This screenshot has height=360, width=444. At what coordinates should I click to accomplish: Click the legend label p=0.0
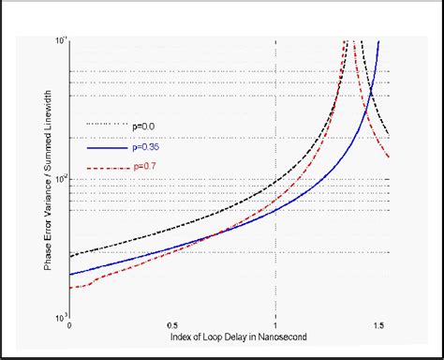tap(143, 123)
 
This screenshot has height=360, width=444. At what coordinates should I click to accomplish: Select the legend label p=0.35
tap(146, 146)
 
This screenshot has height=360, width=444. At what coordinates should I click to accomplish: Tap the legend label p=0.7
tap(143, 170)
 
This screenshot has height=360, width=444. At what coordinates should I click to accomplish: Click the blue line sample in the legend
tap(106, 147)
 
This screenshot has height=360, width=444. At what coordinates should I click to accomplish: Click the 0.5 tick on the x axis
tap(172, 324)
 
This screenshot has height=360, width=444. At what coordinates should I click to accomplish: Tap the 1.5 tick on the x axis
tap(378, 324)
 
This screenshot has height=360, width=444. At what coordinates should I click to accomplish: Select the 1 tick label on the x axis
tap(275, 324)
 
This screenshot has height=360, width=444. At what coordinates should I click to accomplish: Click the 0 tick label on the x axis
tap(70, 324)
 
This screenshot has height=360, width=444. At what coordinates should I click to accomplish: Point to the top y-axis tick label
tap(61, 40)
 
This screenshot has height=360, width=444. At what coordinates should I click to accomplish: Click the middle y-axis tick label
tap(61, 178)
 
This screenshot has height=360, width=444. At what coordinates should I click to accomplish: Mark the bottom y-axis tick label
tap(61, 316)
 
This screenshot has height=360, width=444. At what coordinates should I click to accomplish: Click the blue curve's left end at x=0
tap(71, 274)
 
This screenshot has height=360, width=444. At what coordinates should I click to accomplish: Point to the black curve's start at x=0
tap(71, 255)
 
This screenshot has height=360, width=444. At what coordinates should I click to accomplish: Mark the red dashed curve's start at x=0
tap(71, 287)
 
